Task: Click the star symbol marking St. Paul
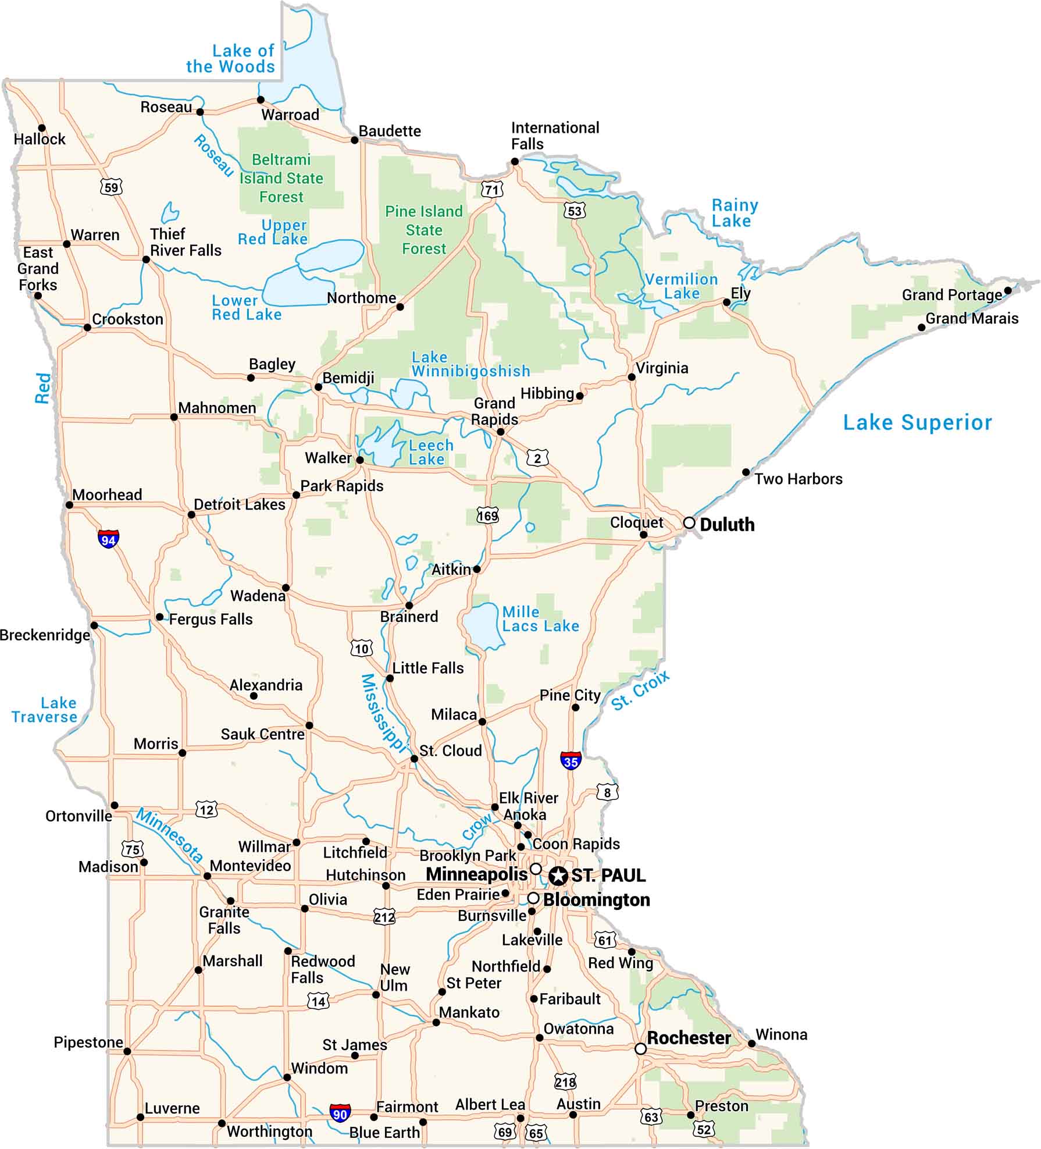[x=558, y=875]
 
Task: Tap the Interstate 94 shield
[x=108, y=539]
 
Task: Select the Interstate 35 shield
[x=571, y=761]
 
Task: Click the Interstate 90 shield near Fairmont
[x=340, y=1114]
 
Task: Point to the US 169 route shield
[x=487, y=515]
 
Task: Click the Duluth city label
[x=727, y=525]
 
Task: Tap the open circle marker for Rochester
[x=640, y=1048]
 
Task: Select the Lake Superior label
[x=917, y=422]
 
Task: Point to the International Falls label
[x=554, y=136]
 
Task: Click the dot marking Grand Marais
[x=921, y=328]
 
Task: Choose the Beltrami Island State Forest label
[x=281, y=178]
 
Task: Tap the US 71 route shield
[x=492, y=190]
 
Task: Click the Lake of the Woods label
[x=231, y=59]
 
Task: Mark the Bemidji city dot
[x=318, y=387]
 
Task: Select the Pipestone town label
[x=88, y=1042]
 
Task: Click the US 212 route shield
[x=384, y=917]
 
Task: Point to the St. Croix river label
[x=640, y=691]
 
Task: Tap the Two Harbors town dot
[x=746, y=472]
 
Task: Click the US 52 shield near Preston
[x=704, y=1130]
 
